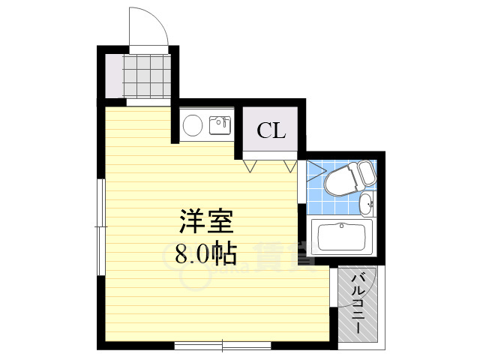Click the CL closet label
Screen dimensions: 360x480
coord(271,131)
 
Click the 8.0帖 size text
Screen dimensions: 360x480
coord(205,254)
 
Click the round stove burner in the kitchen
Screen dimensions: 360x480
coord(193,124)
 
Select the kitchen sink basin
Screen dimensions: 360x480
coord(219,125)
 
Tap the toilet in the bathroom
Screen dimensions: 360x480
coord(343,179)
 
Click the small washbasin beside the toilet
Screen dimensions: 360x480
coord(365,202)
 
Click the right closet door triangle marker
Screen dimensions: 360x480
coord(291,165)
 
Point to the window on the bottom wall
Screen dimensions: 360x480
coord(223,346)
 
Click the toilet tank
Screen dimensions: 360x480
coord(366,174)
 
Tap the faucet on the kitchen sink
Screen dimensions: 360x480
coord(223,120)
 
